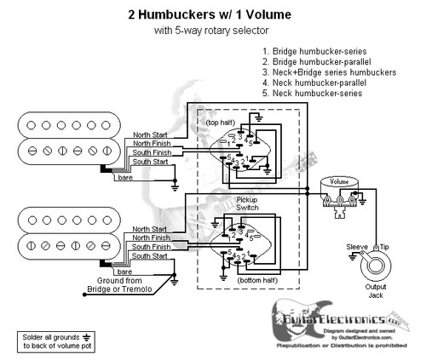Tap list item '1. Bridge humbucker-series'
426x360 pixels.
(x=316, y=53)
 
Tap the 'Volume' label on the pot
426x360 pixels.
(x=338, y=181)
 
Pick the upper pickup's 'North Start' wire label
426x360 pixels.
(x=150, y=135)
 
